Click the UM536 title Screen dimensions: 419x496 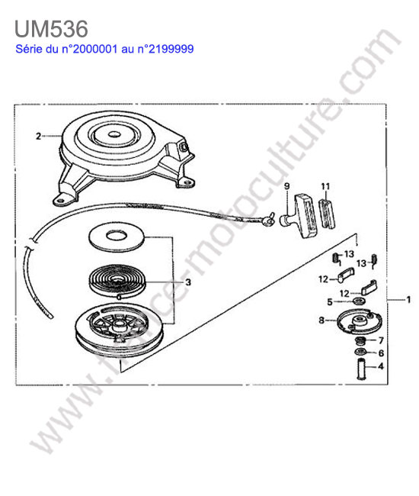[51, 29]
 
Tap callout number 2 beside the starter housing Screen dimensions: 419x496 [38, 137]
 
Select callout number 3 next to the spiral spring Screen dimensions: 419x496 [188, 282]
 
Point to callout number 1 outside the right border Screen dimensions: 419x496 [408, 299]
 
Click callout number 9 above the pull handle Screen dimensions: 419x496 [286, 186]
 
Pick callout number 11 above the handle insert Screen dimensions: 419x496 [325, 186]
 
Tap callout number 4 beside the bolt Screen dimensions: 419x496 [381, 366]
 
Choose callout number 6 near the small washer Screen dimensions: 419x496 [381, 353]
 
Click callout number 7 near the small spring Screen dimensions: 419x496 [381, 340]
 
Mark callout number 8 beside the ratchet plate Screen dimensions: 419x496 [321, 320]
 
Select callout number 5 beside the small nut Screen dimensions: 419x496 [330, 302]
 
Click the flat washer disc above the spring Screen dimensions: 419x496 [117, 237]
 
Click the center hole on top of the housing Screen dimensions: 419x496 [112, 134]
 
